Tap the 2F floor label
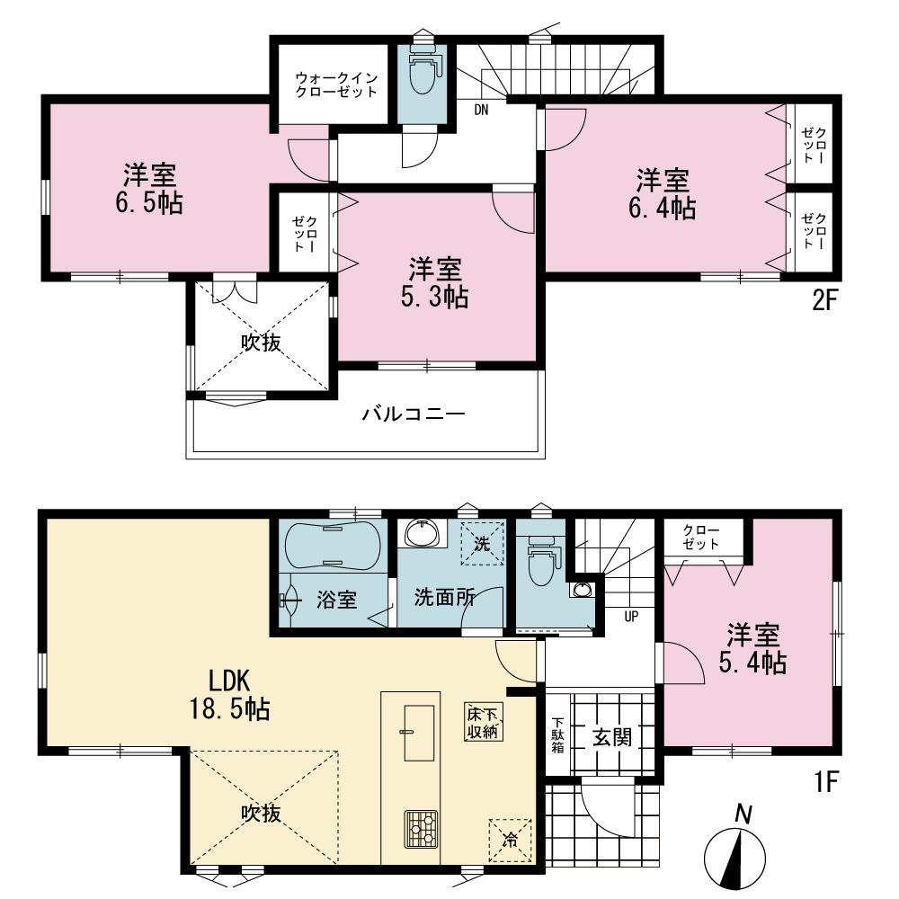pyautogui.click(x=825, y=300)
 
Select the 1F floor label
pyautogui.click(x=827, y=781)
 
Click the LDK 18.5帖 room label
pyautogui.click(x=228, y=695)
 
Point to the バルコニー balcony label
pyautogui.click(x=413, y=414)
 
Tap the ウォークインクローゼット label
pyautogui.click(x=336, y=85)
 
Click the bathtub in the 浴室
pyautogui.click(x=332, y=546)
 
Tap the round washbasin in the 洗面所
pyautogui.click(x=423, y=532)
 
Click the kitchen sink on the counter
pyautogui.click(x=419, y=733)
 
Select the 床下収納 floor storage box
pyautogui.click(x=483, y=723)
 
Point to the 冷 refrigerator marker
pyautogui.click(x=510, y=841)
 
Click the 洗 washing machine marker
pyautogui.click(x=482, y=543)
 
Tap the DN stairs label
pyautogui.click(x=481, y=110)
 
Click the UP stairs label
pyautogui.click(x=631, y=617)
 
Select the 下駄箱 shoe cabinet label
pyautogui.click(x=558, y=735)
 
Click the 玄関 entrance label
pyautogui.click(x=611, y=737)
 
